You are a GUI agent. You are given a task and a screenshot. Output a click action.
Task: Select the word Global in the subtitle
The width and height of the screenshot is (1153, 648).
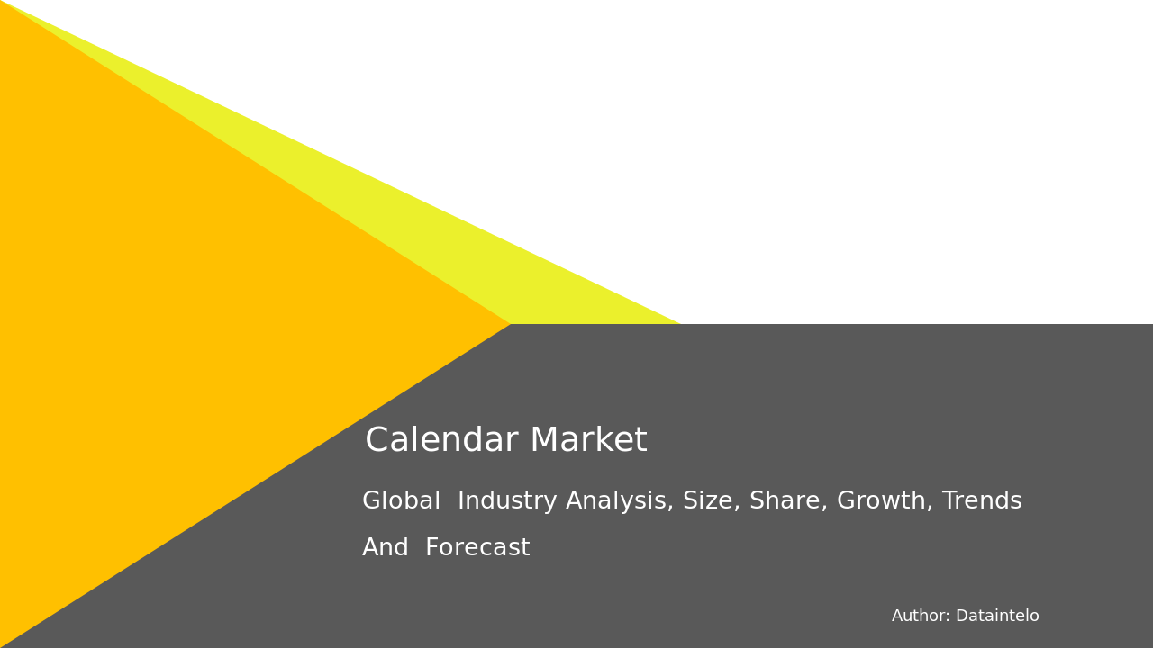[401, 501]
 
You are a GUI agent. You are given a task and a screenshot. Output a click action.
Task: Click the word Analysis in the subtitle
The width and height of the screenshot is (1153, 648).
[619, 501]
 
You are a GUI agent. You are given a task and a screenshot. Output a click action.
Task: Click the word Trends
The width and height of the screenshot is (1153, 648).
[982, 501]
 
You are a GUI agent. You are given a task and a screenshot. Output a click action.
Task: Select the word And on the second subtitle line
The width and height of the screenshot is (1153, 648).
[386, 548]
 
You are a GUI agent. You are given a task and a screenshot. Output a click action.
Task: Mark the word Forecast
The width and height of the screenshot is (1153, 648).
[477, 548]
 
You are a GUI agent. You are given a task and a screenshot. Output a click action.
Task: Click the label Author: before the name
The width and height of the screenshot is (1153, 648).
[921, 616]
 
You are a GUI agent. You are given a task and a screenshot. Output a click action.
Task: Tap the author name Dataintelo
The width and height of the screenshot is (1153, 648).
[997, 616]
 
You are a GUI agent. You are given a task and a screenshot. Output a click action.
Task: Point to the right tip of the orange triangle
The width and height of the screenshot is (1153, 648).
[508, 323]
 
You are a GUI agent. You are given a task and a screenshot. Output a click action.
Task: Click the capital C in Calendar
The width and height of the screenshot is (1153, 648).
[377, 441]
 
